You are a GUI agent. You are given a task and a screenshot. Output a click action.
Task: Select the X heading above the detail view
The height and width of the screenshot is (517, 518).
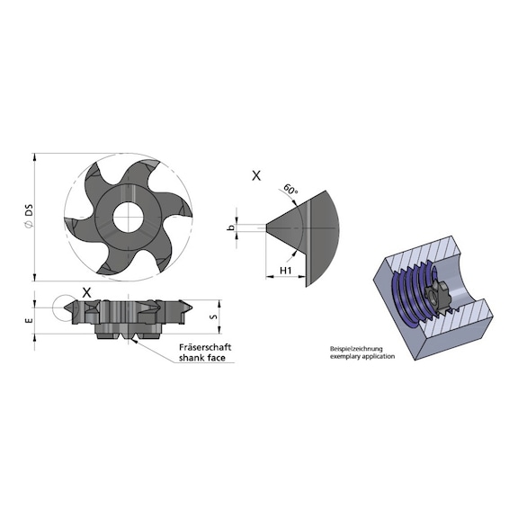[x=256, y=177]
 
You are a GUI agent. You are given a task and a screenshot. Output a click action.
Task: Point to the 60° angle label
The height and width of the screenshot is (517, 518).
[x=289, y=191]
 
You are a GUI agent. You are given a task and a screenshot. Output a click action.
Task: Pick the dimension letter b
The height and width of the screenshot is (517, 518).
[x=230, y=228]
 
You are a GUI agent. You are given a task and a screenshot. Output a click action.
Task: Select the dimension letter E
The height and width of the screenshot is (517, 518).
[x=29, y=316]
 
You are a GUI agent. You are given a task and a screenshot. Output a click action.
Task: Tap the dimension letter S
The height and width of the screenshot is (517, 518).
[x=211, y=316]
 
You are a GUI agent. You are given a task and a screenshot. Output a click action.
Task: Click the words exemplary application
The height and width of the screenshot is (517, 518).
[x=353, y=356]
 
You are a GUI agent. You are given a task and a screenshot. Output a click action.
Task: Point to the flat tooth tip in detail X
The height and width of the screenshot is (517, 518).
[x=267, y=227]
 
